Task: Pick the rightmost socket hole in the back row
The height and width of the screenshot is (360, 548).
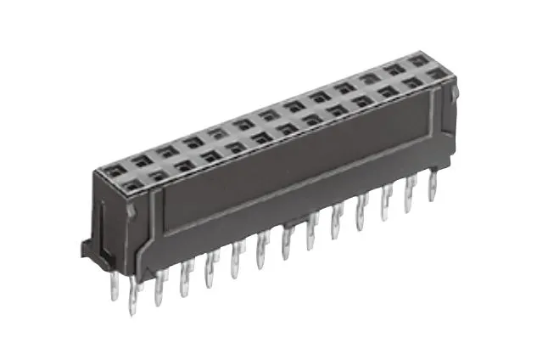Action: click(x=417, y=61)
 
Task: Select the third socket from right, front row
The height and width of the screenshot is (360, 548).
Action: click(x=388, y=92)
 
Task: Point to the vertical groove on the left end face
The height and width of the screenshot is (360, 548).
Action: click(x=102, y=221)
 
